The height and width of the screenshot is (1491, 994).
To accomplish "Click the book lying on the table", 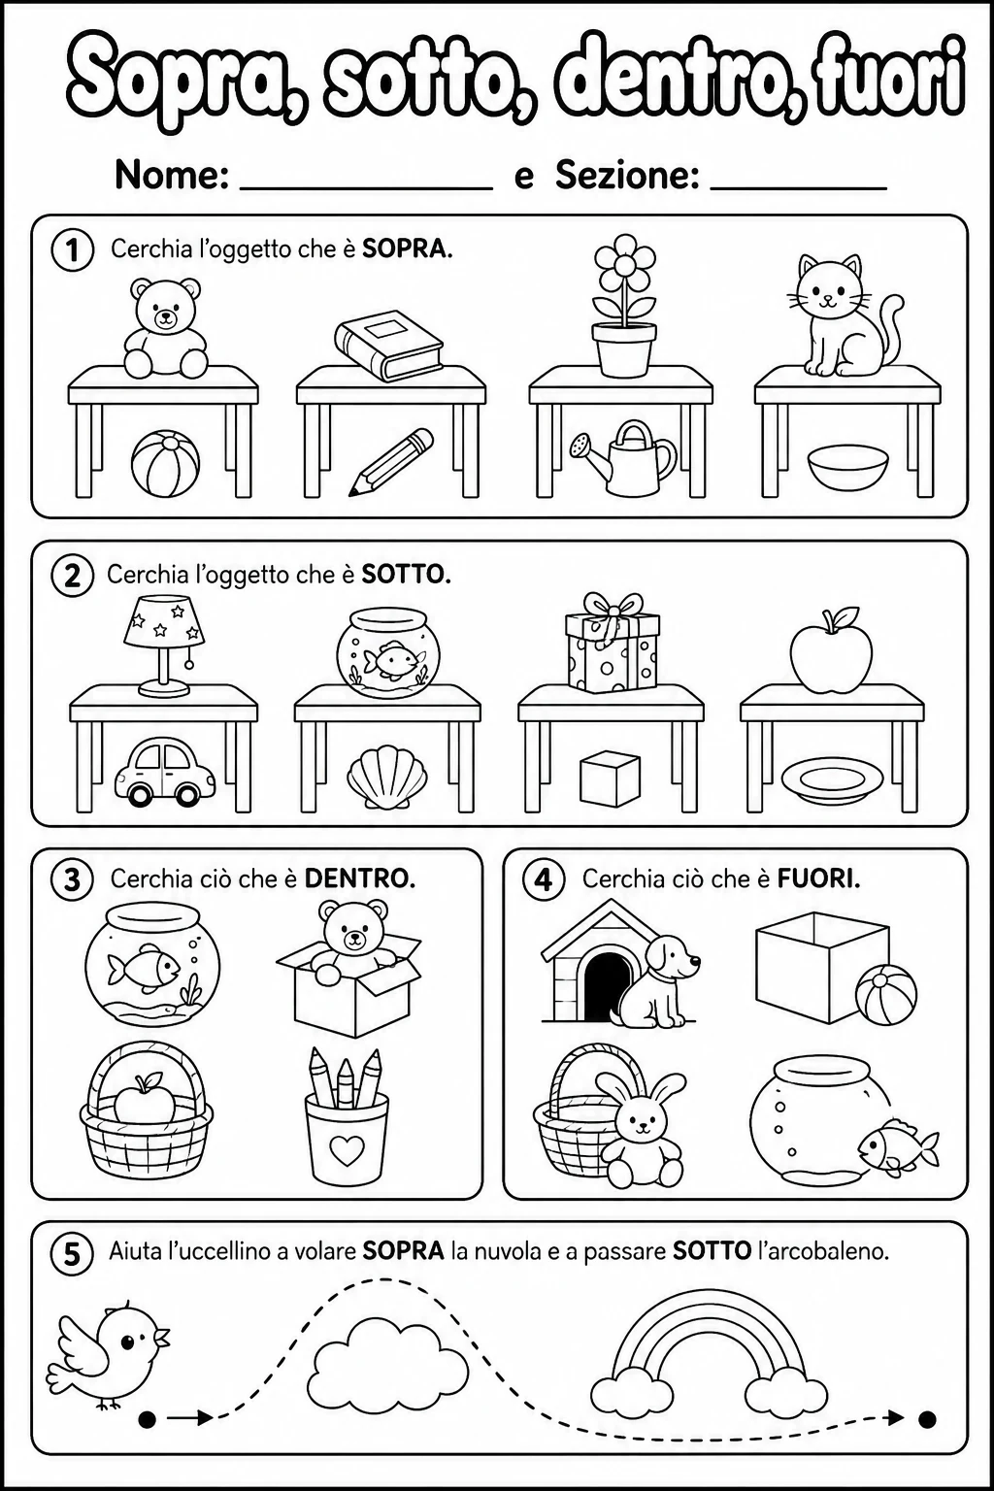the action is coord(389,345).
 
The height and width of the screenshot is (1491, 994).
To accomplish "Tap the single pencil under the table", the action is coord(391,461).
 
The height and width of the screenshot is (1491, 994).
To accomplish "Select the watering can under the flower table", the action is coord(622,457).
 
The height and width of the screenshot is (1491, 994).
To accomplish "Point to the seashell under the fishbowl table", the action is coord(387,777).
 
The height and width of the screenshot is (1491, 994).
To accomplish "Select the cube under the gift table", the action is coord(610,779).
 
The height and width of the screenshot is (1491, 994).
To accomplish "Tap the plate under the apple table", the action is coord(832,780).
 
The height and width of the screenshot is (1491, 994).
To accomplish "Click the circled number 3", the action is coord(73,880).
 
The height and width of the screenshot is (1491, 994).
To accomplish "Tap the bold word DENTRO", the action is coord(359,879).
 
